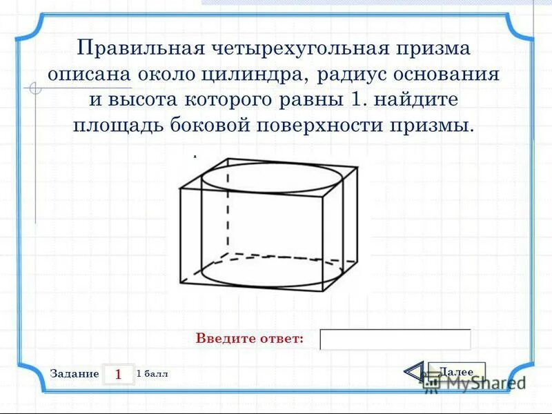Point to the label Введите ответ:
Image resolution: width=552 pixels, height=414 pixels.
pos(250,339)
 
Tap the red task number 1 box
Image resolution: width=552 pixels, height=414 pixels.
pos(118,374)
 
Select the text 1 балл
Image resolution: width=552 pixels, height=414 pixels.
pos(152,373)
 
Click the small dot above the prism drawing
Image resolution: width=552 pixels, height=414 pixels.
pos(195,157)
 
